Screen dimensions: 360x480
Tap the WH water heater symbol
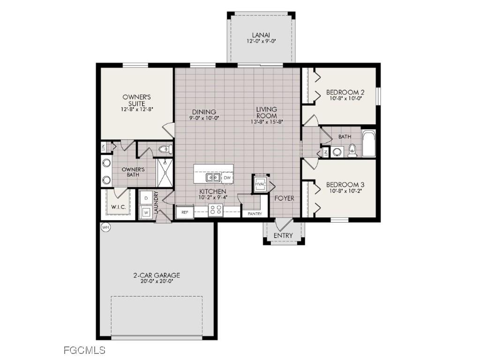pos(105,227)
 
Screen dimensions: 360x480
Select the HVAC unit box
pos(261,184)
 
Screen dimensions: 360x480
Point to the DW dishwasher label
pos(227,178)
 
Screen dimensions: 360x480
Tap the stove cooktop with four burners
pos(216,210)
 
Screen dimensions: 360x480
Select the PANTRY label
pos(255,214)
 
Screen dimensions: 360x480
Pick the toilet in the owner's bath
pos(164,150)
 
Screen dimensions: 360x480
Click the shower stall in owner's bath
pos(165,172)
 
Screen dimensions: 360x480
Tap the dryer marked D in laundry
pos(146,198)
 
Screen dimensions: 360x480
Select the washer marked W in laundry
pos(146,212)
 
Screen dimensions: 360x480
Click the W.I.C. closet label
pos(117,207)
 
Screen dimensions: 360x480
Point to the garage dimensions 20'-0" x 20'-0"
pos(157,282)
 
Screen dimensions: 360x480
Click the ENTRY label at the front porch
pos(283,235)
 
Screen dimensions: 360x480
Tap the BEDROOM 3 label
pos(345,185)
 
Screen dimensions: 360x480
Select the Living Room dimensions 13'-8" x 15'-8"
pos(266,121)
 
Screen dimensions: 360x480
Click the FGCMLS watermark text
pos(84,350)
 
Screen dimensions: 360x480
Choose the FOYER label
pos(285,198)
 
